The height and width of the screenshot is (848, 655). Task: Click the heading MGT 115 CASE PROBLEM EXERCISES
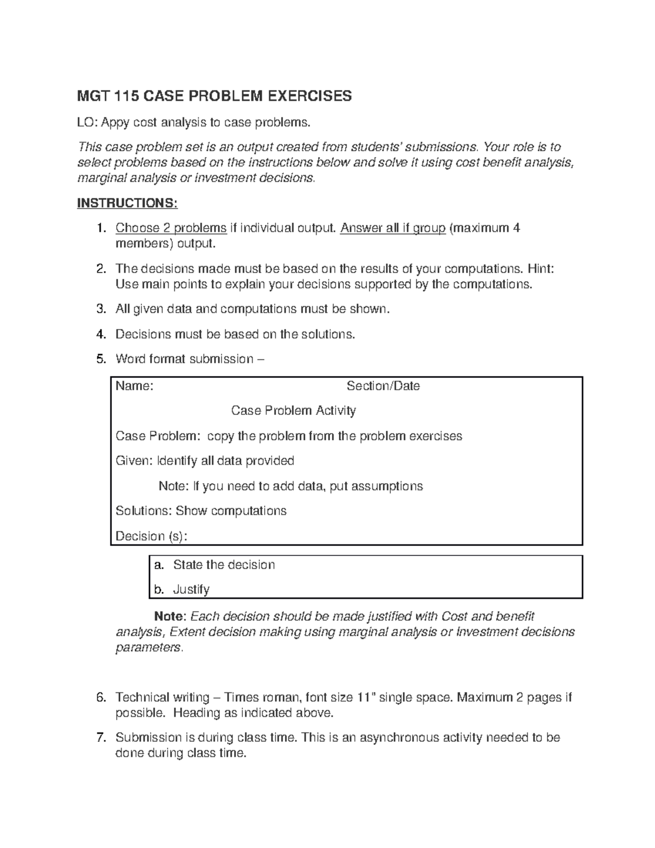215,97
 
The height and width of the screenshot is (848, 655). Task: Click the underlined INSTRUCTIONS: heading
127,203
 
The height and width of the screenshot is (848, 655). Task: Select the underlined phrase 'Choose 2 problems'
171,228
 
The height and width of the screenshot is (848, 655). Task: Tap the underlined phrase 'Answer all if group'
392,228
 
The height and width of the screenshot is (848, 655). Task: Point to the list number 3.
100,309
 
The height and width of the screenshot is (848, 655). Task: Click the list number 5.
100,359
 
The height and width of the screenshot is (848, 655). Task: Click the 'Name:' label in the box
134,386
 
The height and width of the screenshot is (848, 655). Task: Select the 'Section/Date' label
383,386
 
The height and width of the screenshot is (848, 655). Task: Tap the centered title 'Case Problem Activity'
293,411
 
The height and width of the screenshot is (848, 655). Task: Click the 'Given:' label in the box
134,461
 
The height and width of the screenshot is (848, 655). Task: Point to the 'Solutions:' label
144,511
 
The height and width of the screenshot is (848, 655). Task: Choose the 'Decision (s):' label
151,536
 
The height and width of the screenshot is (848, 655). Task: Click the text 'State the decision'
224,565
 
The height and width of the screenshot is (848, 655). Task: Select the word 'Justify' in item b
191,590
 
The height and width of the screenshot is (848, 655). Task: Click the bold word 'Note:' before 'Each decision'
170,616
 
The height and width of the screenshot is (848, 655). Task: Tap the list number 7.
100,738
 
